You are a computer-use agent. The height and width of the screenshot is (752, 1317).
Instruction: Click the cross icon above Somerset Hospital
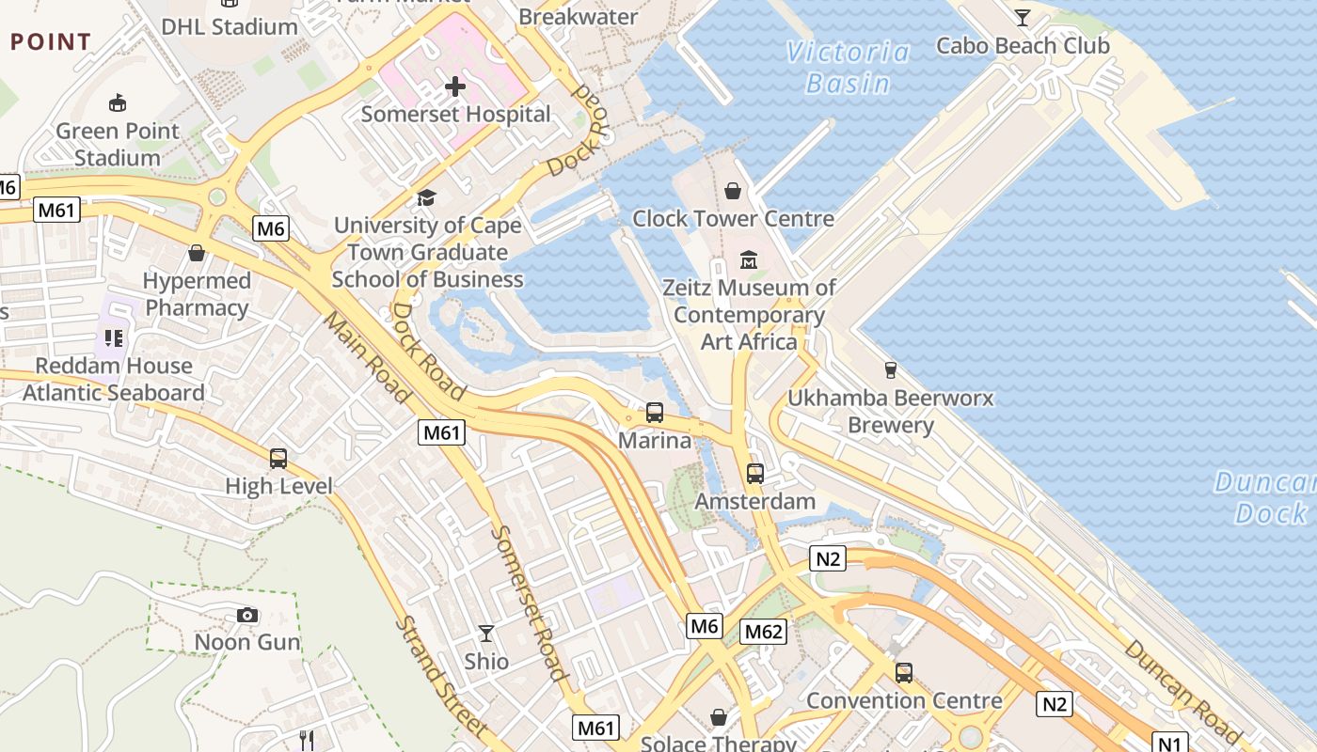455,87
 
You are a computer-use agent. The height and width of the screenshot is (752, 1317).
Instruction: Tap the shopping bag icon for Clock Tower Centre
733,192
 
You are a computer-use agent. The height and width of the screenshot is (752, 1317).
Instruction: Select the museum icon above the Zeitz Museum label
749,259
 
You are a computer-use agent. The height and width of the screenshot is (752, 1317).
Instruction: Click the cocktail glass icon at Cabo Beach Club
1022,17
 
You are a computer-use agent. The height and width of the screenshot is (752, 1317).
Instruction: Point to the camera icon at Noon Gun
247,615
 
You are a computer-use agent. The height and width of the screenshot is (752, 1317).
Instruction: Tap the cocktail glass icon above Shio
486,634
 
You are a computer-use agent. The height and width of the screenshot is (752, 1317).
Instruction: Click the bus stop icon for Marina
655,413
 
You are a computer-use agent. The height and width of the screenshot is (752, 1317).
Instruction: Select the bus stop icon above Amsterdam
755,474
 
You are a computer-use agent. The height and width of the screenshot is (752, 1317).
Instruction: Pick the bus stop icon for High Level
278,459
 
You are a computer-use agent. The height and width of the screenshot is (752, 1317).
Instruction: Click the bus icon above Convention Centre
904,673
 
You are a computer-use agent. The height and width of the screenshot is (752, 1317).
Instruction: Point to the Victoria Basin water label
849,68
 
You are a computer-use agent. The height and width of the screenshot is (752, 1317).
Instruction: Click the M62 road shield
763,632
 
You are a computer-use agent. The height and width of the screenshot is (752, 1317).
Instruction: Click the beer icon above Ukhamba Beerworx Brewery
891,370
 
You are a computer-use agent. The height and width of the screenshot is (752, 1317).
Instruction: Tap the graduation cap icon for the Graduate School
427,198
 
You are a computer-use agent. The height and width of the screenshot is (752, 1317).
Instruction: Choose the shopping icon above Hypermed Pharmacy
197,253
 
